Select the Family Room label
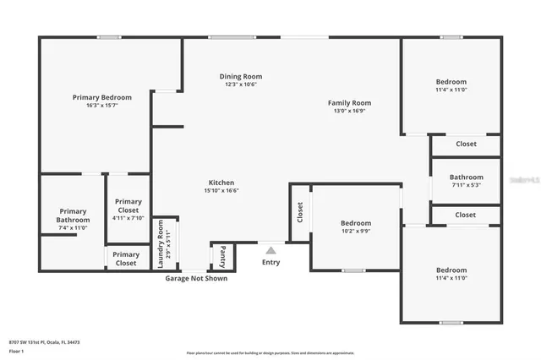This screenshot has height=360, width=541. (349, 103)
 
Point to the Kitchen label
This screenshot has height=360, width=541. (221, 183)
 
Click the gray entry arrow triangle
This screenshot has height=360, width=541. (270, 250)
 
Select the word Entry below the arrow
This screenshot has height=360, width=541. (270, 262)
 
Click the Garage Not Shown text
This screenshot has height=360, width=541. (195, 278)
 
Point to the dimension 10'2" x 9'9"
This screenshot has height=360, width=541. (356, 231)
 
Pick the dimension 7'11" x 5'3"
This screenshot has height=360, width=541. (466, 185)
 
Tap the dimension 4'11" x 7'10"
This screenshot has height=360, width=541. (128, 218)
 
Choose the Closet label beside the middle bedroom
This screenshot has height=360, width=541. (299, 212)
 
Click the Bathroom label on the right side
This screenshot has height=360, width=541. (466, 177)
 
